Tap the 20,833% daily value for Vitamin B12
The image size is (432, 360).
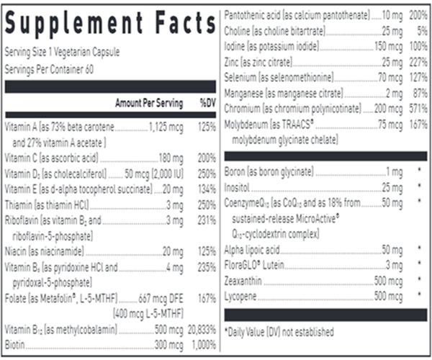(x=202, y=330)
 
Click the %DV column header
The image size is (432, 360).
(x=207, y=104)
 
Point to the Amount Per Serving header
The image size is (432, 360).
(x=149, y=104)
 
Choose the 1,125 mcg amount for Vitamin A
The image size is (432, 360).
(x=167, y=126)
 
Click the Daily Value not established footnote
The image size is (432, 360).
(x=280, y=332)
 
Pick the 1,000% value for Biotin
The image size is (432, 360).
(x=204, y=345)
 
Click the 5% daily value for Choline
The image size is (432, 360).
(x=421, y=32)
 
